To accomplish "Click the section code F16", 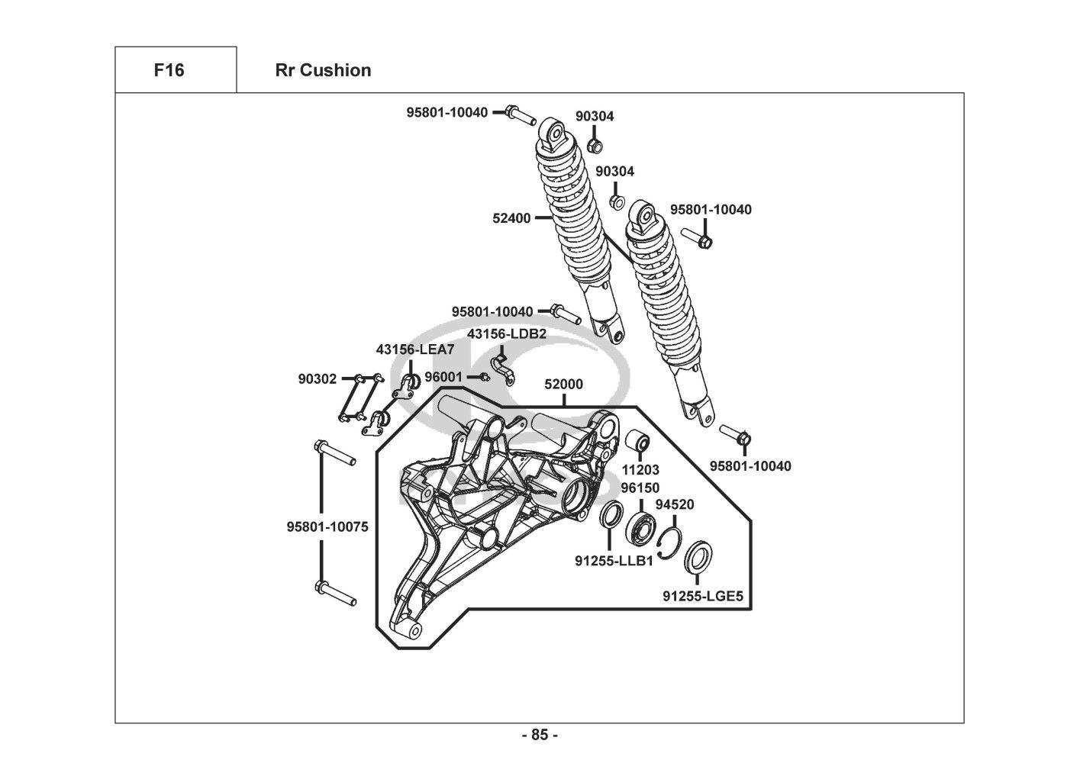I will tap(169, 70).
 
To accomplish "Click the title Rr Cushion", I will tap(323, 70).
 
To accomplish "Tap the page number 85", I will tap(540, 736).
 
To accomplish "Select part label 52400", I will tap(511, 218).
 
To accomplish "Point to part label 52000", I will tap(563, 385).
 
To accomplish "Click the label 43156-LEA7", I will tap(414, 349).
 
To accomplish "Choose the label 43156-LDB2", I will tap(507, 333).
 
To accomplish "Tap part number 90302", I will tap(317, 378).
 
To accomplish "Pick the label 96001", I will tap(443, 377).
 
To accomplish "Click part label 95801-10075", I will tap(327, 526).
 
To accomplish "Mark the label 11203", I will tap(640, 470).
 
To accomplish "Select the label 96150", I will tap(640, 488).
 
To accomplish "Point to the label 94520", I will tap(675, 504).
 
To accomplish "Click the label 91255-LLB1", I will tap(614, 561).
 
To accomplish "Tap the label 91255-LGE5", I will tap(702, 596).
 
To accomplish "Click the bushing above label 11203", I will tap(638, 441).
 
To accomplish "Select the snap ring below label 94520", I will tap(668, 539).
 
